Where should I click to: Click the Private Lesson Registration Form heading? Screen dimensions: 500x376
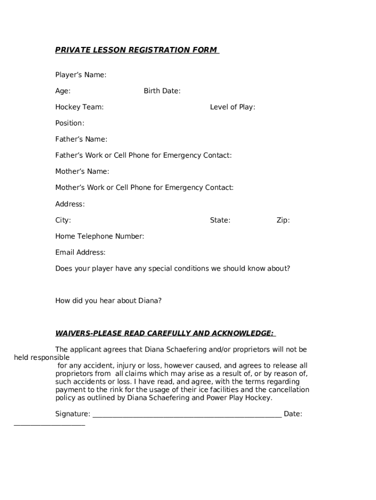coord(136,50)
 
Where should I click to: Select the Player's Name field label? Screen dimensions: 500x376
coord(81,75)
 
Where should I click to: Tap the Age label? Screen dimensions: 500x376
coord(63,91)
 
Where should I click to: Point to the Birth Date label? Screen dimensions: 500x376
coord(162,91)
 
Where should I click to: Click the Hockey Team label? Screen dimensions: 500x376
coord(79,107)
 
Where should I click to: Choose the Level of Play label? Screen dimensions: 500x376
coord(232,107)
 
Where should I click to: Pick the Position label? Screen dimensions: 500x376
coord(69,123)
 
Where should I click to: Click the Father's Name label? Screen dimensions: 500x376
coord(81,139)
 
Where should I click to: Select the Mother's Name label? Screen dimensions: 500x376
coord(82,171)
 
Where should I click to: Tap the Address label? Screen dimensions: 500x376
coord(70,204)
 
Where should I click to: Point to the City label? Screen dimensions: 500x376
coord(63,220)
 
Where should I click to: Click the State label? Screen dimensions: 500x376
coord(220,220)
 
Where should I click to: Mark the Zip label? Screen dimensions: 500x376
coord(283,220)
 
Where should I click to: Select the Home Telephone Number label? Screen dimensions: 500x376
coord(100,236)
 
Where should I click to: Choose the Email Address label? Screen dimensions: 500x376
coord(80,252)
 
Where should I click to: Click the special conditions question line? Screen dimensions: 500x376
coord(172,269)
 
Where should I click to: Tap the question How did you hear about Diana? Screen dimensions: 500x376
coord(108,301)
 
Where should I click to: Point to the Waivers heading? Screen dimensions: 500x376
coord(165,333)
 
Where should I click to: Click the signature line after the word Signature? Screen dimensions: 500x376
coord(187,415)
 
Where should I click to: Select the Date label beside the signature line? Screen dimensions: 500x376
coord(292,414)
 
